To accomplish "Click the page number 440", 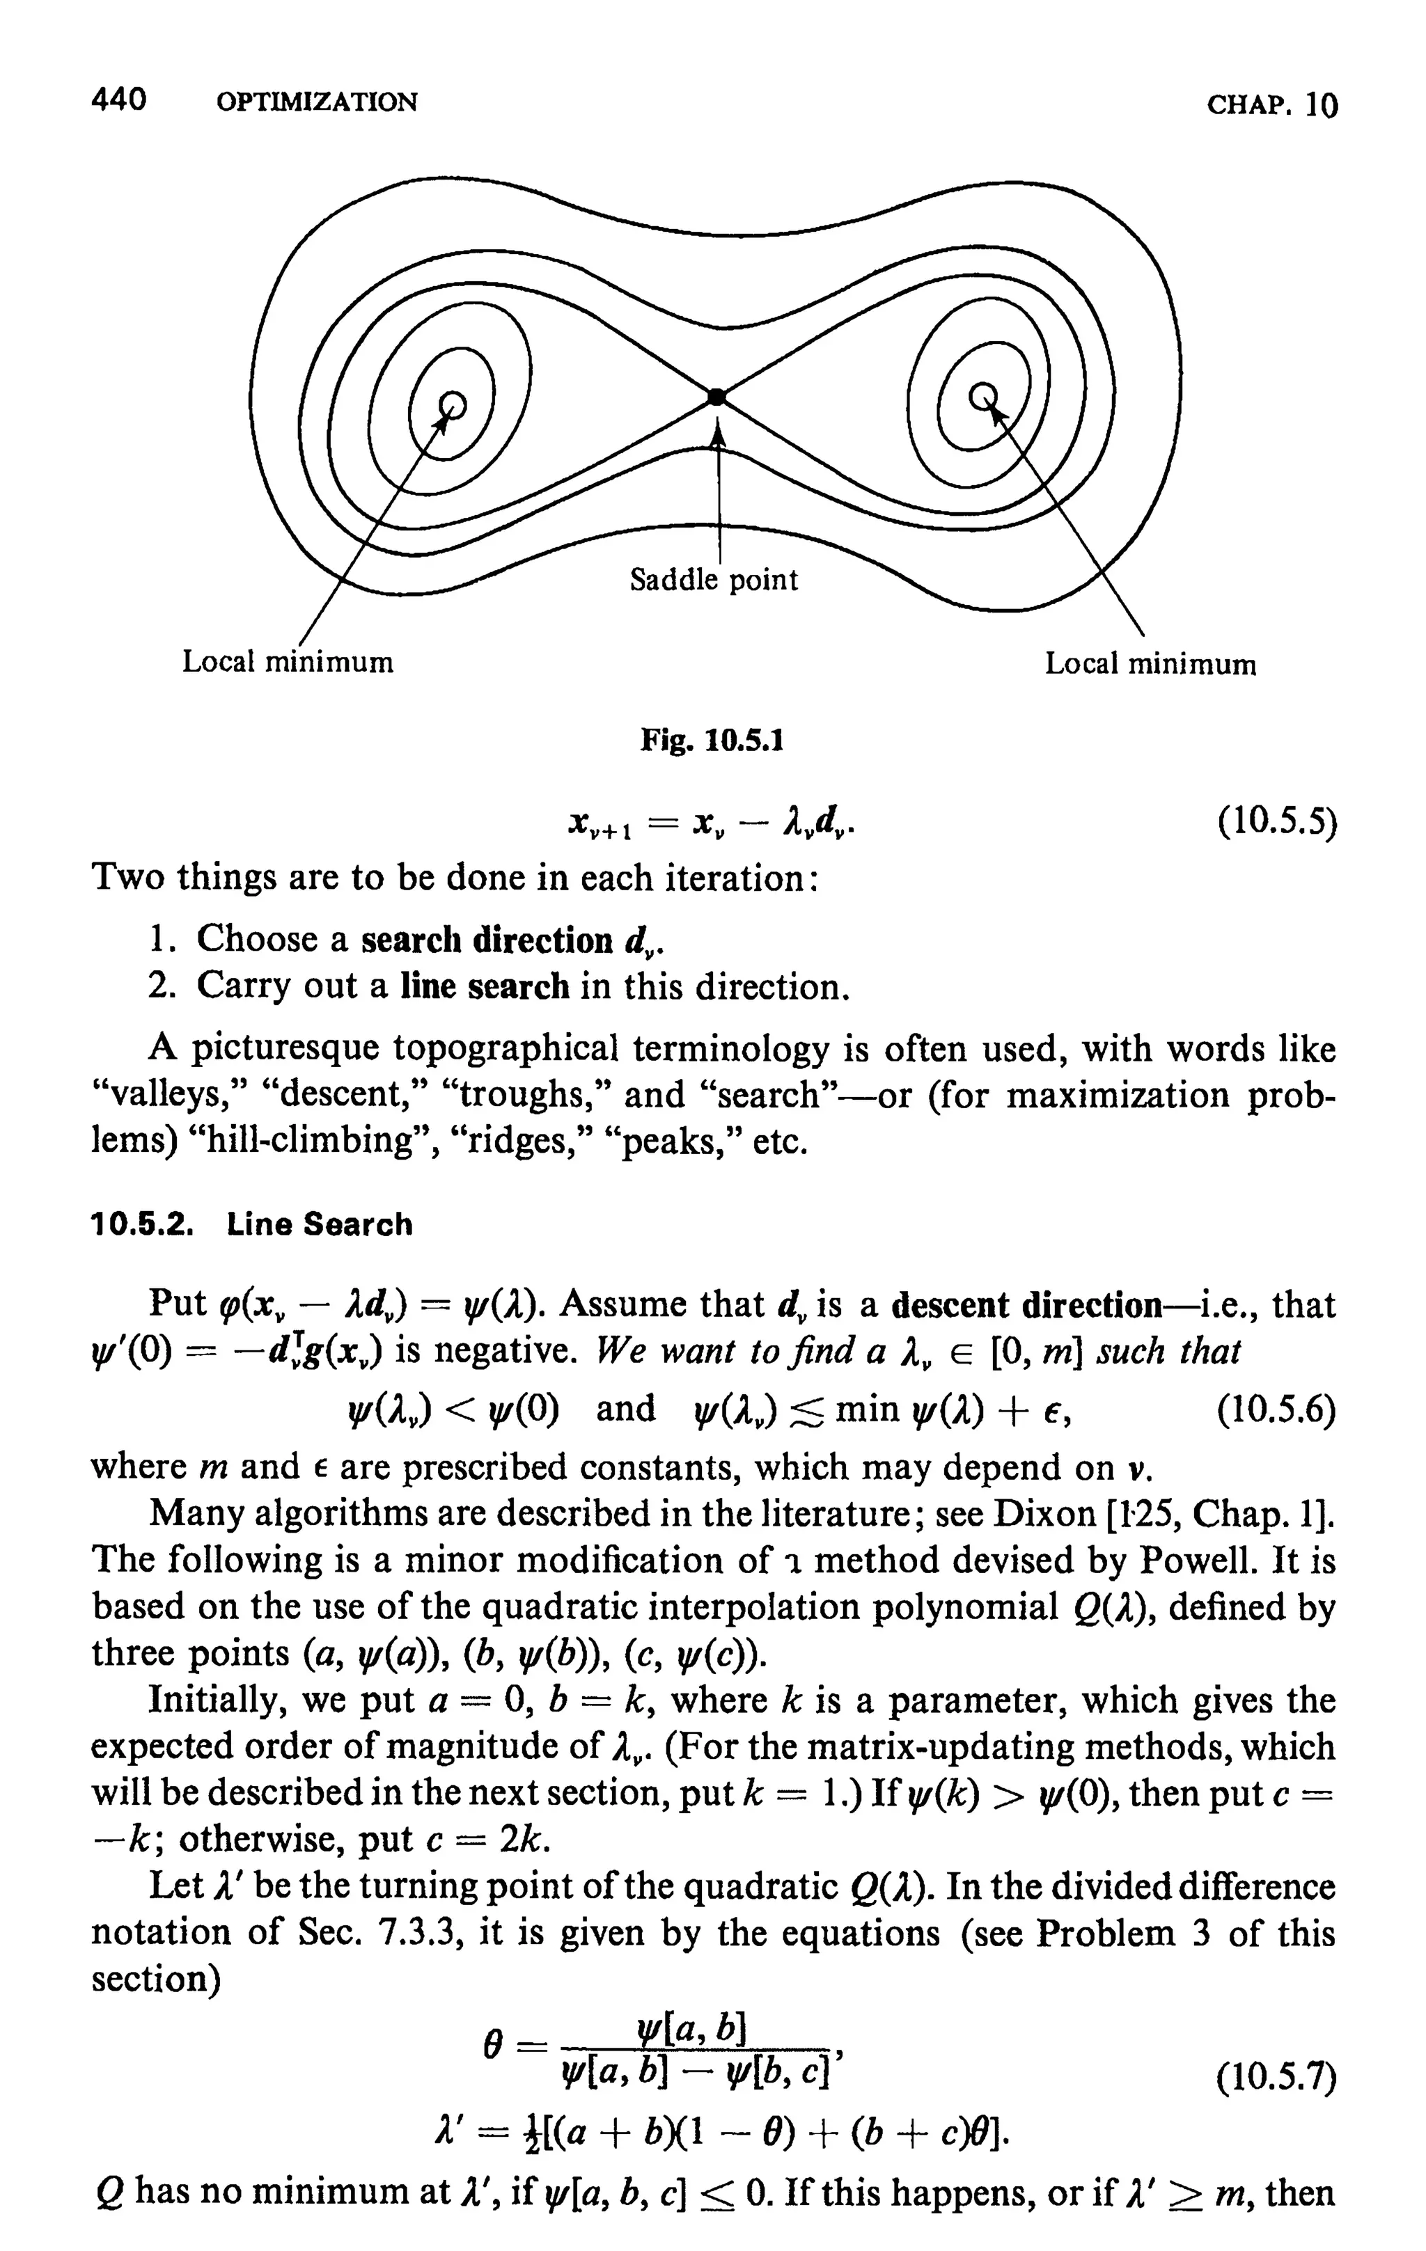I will point(119,100).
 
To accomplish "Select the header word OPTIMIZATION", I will point(316,102).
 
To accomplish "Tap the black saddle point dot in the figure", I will point(716,397).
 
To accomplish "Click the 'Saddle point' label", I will point(714,580).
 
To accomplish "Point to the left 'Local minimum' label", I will point(287,662).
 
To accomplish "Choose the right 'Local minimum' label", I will point(1150,665).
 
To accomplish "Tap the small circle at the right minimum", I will point(982,396).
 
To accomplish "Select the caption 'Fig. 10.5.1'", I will point(712,741).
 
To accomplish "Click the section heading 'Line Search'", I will point(319,1224).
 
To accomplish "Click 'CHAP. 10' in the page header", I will point(1271,104).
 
